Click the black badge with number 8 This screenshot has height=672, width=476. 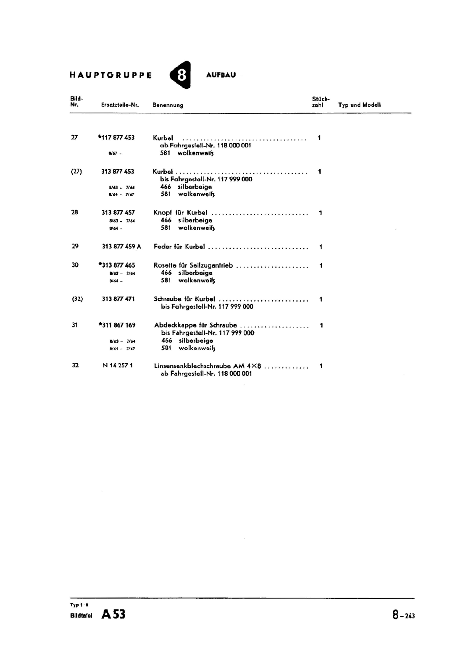point(181,75)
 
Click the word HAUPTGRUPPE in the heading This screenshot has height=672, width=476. point(111,75)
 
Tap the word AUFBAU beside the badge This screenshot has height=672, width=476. point(221,75)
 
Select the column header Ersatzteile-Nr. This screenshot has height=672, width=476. point(120,105)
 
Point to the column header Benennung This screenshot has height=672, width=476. point(168,105)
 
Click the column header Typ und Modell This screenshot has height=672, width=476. point(360,105)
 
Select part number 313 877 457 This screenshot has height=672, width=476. point(118,213)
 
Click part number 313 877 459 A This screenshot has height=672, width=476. point(121,247)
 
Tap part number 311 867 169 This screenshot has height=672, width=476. point(118,325)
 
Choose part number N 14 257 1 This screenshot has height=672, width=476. point(118,365)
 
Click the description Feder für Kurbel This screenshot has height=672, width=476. point(179,247)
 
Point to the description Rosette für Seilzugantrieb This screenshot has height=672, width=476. point(193,265)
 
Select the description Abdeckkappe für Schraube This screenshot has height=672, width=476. point(195,325)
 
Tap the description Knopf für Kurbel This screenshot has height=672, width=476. point(180,213)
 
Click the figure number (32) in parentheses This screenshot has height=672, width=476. point(77,299)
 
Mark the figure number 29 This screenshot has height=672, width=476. point(75,246)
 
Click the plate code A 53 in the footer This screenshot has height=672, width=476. point(113,614)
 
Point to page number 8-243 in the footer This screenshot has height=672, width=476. point(404,615)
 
